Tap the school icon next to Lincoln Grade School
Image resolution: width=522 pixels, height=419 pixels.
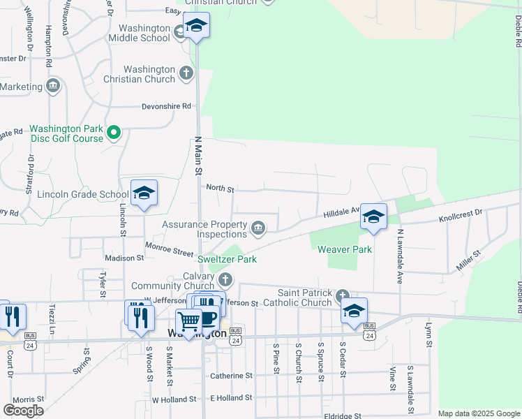pos(144,193)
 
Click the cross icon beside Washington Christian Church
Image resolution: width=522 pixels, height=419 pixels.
pos(186,72)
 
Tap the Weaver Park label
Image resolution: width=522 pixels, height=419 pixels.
pos(345,249)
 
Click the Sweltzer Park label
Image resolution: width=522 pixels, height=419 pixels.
pos(227,259)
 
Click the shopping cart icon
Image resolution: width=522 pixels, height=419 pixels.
pos(188,321)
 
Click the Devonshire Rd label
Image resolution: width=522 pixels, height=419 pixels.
pos(166,106)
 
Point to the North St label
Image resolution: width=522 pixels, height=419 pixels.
pos(220,189)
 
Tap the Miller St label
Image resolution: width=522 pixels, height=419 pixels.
pos(468,260)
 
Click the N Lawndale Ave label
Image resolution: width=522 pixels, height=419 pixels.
pos(401,256)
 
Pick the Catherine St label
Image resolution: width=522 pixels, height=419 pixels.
pos(231,376)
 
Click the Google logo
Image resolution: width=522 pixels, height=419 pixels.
pos(23,410)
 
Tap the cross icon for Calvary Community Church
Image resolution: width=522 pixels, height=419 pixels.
pos(225,280)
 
